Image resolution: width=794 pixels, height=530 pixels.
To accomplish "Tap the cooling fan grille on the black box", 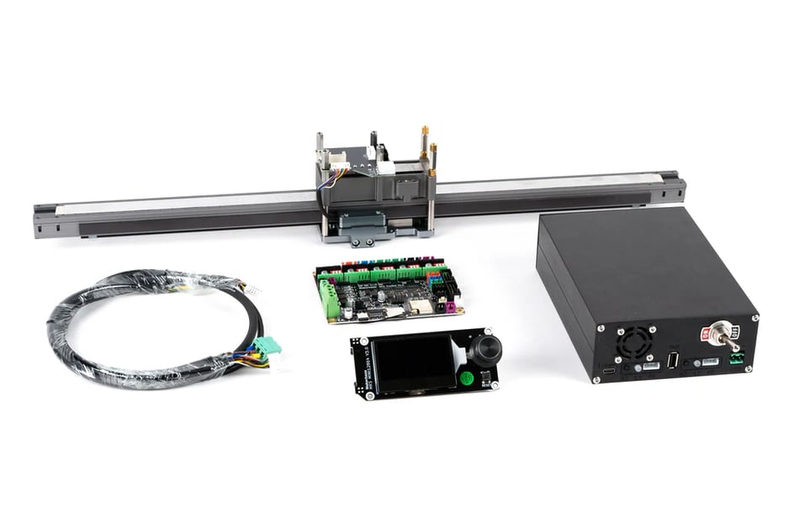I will point(635,343).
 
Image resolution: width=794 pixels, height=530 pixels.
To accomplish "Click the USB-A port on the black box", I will point(673,360).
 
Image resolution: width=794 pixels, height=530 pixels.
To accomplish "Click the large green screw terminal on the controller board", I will point(329,299).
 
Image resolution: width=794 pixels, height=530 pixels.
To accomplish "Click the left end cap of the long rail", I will point(44,220).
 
